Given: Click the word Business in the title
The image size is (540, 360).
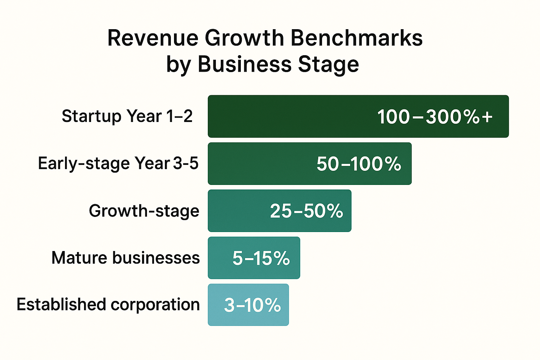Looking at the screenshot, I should pyautogui.click(x=245, y=65).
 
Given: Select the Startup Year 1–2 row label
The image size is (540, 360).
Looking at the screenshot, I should pyautogui.click(x=127, y=116).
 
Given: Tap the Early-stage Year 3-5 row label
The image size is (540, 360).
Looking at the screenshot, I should pyautogui.click(x=118, y=163).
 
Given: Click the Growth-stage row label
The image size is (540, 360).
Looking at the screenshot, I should pyautogui.click(x=144, y=211).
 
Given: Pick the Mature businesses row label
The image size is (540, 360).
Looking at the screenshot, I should pyautogui.click(x=126, y=258).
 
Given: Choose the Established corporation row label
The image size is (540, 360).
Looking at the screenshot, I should pyautogui.click(x=108, y=304).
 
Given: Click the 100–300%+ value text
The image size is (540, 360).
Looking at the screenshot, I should pyautogui.click(x=435, y=117).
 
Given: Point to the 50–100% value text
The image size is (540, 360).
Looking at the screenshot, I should pyautogui.click(x=359, y=164).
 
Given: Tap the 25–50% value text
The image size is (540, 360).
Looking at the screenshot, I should pyautogui.click(x=306, y=211).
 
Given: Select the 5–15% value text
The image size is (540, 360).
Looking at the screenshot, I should pyautogui.click(x=261, y=258).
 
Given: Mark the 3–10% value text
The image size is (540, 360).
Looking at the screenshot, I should pyautogui.click(x=252, y=305).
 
